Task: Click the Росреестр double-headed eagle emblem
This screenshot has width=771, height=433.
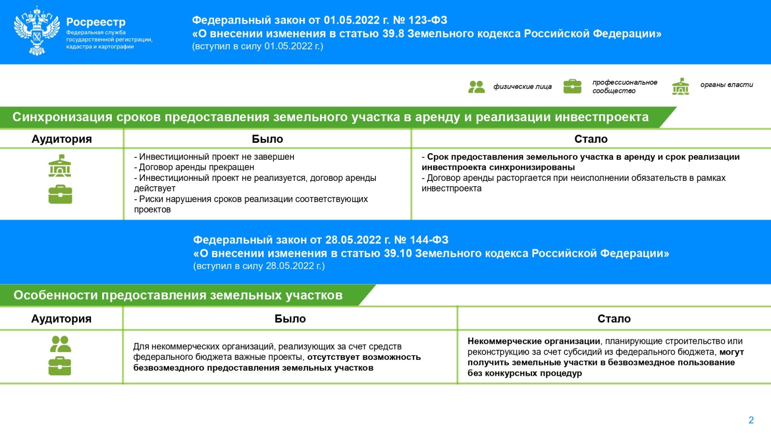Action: tap(37, 31)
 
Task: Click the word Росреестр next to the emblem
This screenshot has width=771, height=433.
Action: tap(96, 22)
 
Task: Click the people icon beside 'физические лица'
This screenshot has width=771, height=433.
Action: tap(476, 87)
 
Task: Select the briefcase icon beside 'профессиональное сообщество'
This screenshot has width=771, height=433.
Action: tap(572, 87)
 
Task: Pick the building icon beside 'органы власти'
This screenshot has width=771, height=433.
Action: tap(680, 87)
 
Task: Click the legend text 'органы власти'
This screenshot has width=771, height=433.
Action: tap(726, 85)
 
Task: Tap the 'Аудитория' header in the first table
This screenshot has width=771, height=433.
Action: tap(62, 139)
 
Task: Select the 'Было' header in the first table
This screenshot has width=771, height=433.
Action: tap(267, 139)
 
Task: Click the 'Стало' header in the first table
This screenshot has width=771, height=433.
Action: tap(591, 139)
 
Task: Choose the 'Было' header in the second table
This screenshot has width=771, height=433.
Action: tap(290, 318)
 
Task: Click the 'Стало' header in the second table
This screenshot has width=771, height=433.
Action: tap(614, 318)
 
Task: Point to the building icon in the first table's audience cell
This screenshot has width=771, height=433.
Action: tap(60, 166)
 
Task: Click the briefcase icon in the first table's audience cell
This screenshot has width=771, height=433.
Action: tap(60, 194)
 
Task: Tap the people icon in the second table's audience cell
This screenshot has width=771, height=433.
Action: tap(61, 344)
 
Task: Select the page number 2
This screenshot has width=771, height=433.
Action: tap(751, 420)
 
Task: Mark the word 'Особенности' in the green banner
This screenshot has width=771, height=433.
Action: tap(56, 295)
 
